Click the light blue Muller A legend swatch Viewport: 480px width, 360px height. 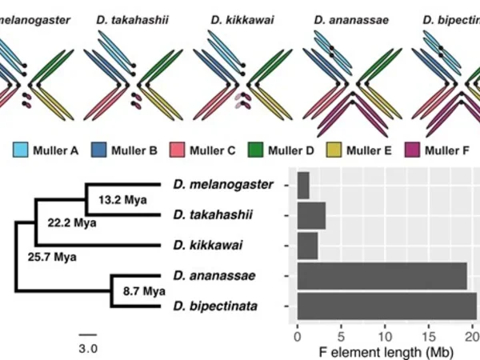[21, 149]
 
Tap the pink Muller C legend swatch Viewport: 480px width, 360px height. [177, 149]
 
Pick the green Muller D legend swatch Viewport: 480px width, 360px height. [255, 149]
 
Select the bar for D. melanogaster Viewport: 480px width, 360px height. [303, 186]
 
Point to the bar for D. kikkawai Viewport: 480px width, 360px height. [307, 246]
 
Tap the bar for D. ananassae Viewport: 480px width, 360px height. [382, 276]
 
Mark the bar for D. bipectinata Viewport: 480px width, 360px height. [386, 306]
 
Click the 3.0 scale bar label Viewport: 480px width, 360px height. [88, 349]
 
